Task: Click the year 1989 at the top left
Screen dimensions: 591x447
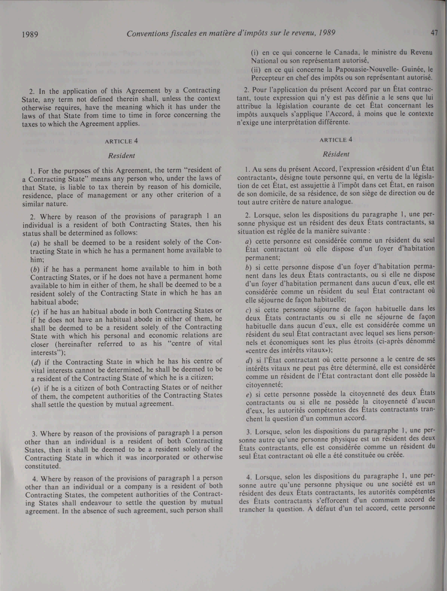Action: tap(30, 34)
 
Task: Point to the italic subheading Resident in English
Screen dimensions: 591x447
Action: tap(122, 156)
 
